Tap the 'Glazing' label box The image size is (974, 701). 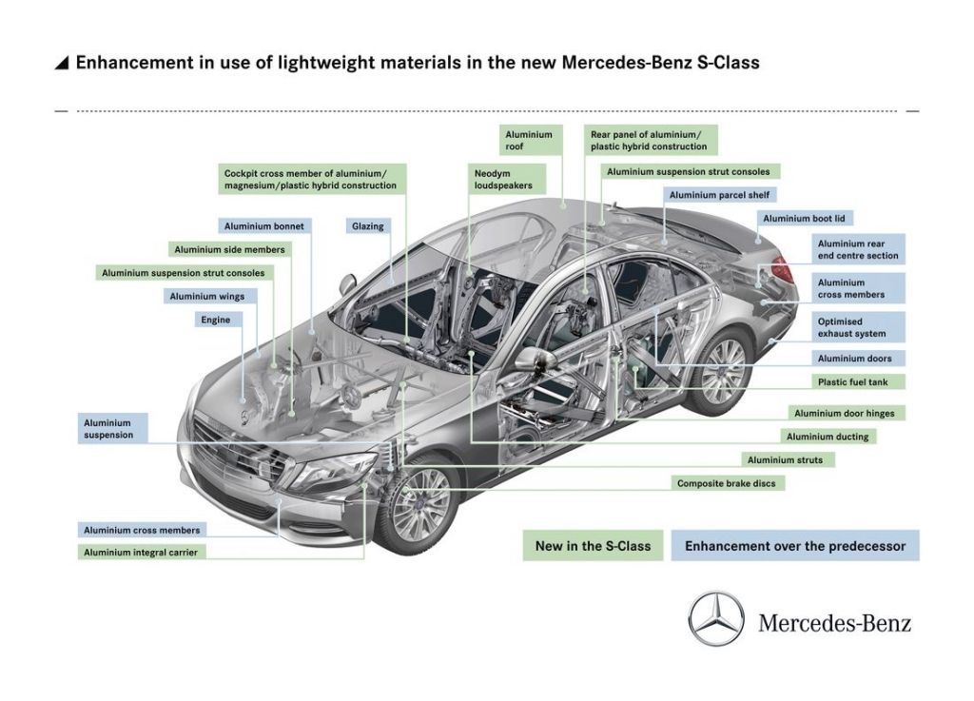pos(368,226)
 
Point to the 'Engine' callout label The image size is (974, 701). pos(216,320)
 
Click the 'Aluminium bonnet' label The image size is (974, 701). pos(264,226)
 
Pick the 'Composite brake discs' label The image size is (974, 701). pos(728,483)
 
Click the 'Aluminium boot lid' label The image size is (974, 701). pos(804,219)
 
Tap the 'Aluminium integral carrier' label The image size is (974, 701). pos(141,552)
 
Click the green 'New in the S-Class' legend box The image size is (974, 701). pos(593,546)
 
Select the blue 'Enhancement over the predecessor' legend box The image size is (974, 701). pos(795,546)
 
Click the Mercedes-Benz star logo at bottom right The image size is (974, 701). pos(716,619)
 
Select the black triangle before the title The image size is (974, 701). pos(62,63)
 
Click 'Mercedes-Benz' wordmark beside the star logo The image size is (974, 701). pos(834,622)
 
